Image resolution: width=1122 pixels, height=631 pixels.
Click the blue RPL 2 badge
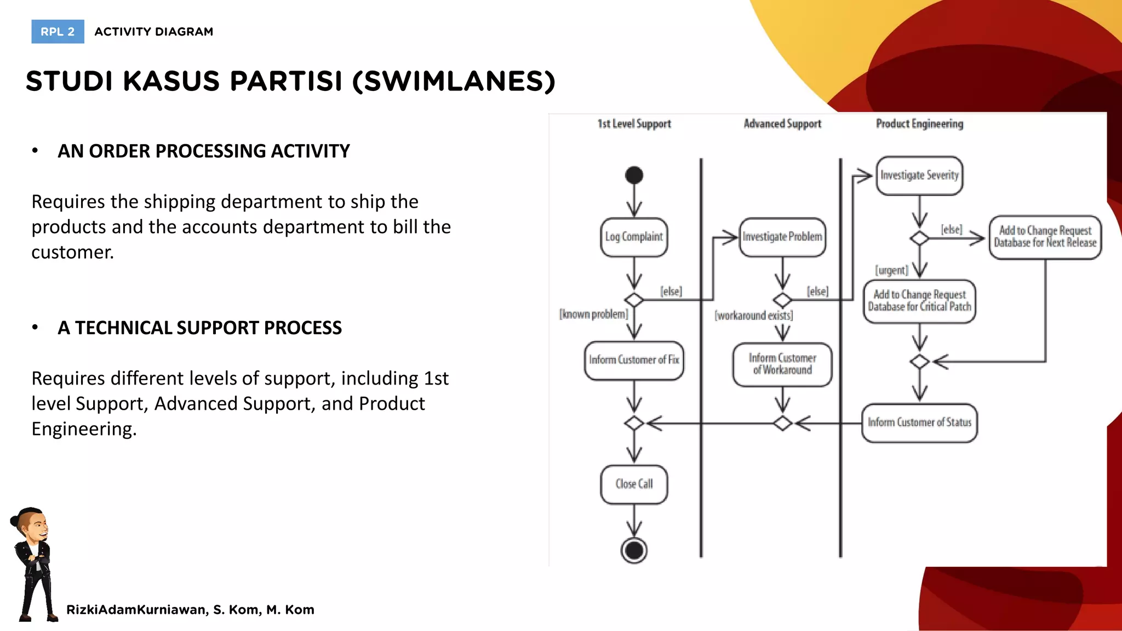pyautogui.click(x=58, y=32)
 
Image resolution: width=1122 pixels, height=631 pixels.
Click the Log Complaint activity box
pyautogui.click(x=634, y=237)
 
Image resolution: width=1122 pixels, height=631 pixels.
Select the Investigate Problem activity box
pyautogui.click(x=782, y=237)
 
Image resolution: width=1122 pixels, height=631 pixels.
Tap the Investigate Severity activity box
pyautogui.click(x=919, y=176)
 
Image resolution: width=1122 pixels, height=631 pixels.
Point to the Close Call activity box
pyautogui.click(x=634, y=484)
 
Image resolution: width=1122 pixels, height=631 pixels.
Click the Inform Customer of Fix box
pyautogui.click(x=634, y=360)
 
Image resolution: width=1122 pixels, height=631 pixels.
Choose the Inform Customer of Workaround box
pyautogui.click(x=782, y=364)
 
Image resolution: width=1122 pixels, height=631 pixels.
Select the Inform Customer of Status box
pyautogui.click(x=919, y=423)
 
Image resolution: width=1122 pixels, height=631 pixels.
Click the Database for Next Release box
pyautogui.click(x=1045, y=237)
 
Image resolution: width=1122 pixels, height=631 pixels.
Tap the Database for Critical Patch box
pyautogui.click(x=919, y=301)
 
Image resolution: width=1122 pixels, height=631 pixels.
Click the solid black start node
pyautogui.click(x=634, y=175)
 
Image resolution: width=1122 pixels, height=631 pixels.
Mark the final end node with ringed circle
pyautogui.click(x=634, y=550)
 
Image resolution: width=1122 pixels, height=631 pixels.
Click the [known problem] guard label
pyautogui.click(x=593, y=314)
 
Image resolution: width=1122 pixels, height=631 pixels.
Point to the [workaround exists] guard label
pyautogui.click(x=753, y=315)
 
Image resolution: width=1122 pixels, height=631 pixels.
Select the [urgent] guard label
pyautogui.click(x=891, y=270)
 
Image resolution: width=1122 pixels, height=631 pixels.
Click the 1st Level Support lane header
pyautogui.click(x=634, y=124)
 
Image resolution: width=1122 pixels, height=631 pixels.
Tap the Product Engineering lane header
pyautogui.click(x=919, y=124)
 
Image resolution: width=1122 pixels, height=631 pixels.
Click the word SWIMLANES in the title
pyautogui.click(x=454, y=82)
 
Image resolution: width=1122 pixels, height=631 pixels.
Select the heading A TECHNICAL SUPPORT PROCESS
pyautogui.click(x=199, y=328)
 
